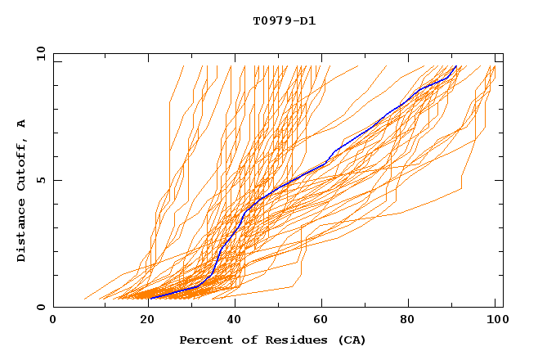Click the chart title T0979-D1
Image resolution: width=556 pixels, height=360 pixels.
click(x=284, y=21)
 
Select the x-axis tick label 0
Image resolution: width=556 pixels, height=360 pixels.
click(x=53, y=320)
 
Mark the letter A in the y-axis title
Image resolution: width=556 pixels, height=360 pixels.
click(x=22, y=124)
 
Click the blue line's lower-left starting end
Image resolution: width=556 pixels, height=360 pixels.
click(x=150, y=299)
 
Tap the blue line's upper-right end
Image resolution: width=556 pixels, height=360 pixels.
click(x=456, y=65)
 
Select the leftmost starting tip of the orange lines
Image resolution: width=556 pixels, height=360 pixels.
click(x=83, y=299)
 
